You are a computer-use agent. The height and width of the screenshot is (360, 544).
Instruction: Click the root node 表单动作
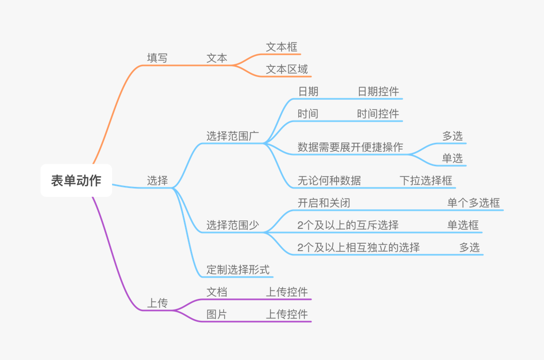(76, 181)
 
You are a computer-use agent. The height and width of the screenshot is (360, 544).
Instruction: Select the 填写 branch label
(157, 58)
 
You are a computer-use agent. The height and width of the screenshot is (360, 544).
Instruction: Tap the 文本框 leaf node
(282, 47)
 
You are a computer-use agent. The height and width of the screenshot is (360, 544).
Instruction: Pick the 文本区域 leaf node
(287, 70)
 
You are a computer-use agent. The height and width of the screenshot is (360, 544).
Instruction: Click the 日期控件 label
(378, 92)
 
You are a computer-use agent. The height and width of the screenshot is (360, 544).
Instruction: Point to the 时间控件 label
(378, 114)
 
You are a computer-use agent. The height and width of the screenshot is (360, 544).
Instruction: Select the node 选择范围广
(232, 136)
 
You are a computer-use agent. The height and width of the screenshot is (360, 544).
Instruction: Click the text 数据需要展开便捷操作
(350, 147)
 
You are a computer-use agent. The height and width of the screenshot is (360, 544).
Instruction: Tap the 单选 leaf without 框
(452, 158)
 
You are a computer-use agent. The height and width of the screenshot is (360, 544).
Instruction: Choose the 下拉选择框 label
(426, 181)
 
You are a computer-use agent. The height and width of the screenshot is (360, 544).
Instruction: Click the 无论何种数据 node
(329, 181)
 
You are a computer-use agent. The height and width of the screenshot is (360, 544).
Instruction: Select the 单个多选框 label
(473, 203)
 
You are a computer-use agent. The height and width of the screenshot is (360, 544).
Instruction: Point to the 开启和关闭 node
(324, 203)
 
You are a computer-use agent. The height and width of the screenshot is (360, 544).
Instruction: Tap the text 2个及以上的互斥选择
(348, 225)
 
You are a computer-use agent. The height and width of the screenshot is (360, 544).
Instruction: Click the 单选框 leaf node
(463, 225)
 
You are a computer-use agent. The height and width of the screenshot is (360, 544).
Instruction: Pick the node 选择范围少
(232, 225)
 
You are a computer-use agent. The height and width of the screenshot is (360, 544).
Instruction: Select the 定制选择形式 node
(238, 270)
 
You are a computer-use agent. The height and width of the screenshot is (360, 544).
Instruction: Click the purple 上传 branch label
(157, 303)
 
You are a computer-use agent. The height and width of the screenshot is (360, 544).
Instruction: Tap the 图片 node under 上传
(217, 314)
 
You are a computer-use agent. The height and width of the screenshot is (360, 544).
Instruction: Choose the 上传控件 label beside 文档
(287, 292)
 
